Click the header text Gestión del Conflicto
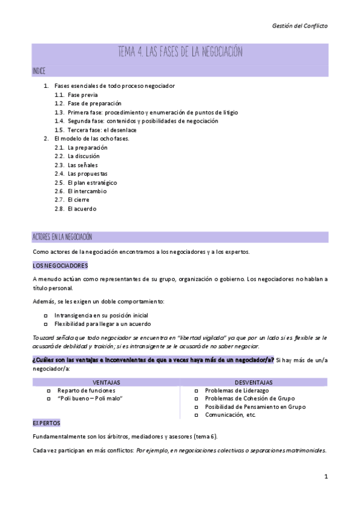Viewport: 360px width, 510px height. point(300,26)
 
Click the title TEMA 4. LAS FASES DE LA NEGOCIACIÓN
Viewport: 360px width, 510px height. point(180,52)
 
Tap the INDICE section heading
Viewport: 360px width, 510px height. point(38,71)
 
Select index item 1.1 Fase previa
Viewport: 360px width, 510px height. point(82,95)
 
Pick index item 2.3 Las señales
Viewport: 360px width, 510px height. point(82,165)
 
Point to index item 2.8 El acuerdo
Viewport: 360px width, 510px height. point(82,209)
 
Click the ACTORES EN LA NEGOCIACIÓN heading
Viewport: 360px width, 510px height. point(62,237)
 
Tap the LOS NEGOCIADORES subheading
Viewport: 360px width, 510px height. point(60,265)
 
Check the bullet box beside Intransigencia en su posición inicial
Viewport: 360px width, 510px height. point(46,315)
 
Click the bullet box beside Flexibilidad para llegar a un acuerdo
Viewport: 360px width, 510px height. point(46,324)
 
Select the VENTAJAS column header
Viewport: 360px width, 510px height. point(107,382)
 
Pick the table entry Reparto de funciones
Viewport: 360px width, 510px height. point(87,390)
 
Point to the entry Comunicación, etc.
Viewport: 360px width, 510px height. point(231,415)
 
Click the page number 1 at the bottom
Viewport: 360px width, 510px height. point(325,477)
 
